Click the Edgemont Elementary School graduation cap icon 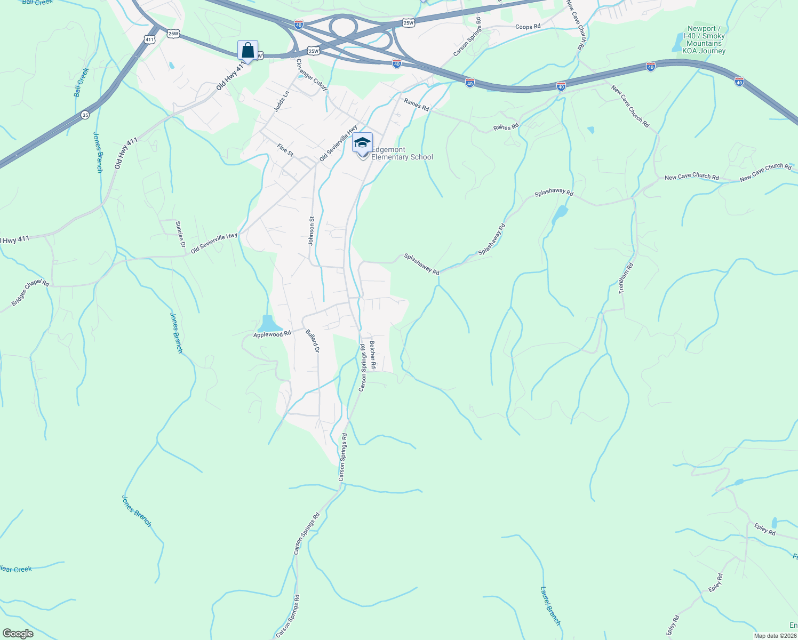point(362,142)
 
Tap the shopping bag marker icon point(248,51)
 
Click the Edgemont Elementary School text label point(402,154)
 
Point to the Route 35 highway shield point(85,115)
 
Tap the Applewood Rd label point(272,334)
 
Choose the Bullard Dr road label point(312,341)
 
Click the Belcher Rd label point(372,355)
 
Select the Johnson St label point(311,230)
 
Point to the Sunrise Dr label point(180,234)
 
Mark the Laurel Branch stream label point(550,606)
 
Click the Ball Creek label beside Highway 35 point(81,82)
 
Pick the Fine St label point(285,150)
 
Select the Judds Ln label point(281,101)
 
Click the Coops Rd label point(528,27)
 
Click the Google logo point(18,634)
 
